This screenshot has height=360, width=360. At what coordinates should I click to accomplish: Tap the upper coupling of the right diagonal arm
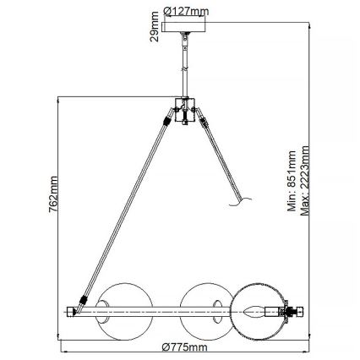(x=204, y=123)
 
